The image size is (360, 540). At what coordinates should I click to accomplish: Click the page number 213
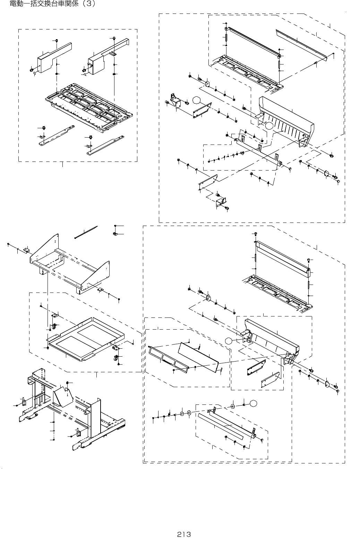[184, 534]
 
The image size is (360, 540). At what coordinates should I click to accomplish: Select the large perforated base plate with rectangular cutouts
[89, 107]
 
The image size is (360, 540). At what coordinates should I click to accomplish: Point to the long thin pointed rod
[86, 232]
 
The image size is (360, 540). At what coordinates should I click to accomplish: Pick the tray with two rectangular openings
[85, 339]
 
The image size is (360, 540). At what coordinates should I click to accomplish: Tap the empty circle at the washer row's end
[253, 403]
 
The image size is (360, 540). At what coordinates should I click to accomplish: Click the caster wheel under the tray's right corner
[116, 358]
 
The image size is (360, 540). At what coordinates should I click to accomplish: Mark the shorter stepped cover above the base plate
[54, 58]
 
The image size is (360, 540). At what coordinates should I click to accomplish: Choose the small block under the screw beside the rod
[115, 234]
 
